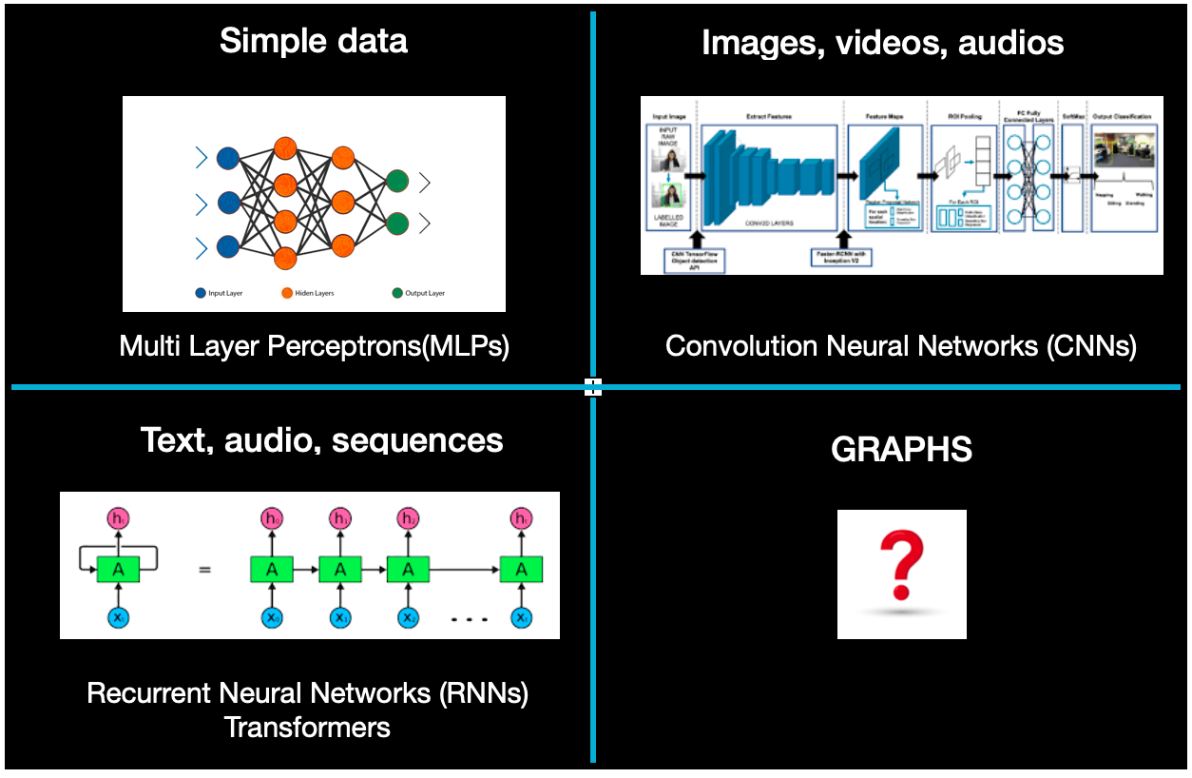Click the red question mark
point(901,567)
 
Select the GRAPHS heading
point(901,450)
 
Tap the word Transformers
point(307,728)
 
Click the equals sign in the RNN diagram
point(204,571)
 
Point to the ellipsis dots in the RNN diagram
point(469,619)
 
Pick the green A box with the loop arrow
point(119,570)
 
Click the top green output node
point(397,182)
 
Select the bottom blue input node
point(227,246)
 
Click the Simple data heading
point(314,41)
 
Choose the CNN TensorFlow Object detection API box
point(694,258)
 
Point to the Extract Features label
point(768,116)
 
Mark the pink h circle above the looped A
point(119,519)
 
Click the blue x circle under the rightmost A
point(520,618)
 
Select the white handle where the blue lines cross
point(593,386)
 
